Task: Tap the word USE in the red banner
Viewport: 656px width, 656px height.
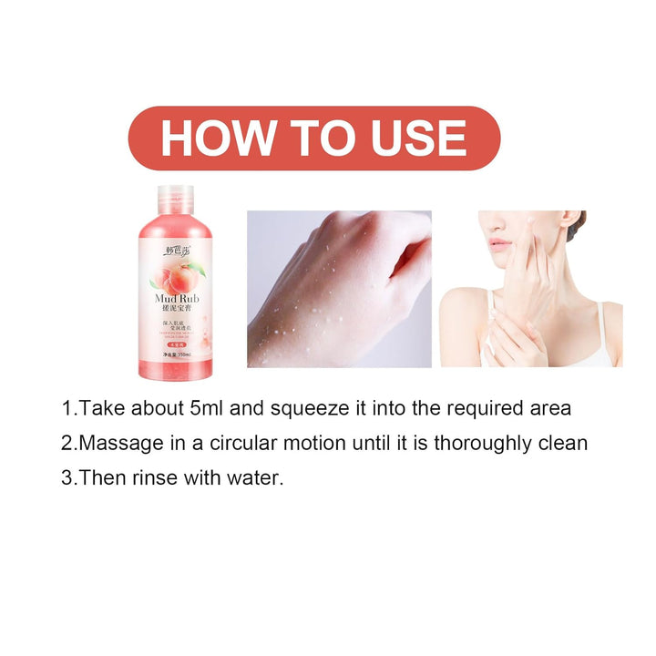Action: [418, 138]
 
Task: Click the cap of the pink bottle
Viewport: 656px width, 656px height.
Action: [175, 199]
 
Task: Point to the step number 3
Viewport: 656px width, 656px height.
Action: [67, 478]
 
